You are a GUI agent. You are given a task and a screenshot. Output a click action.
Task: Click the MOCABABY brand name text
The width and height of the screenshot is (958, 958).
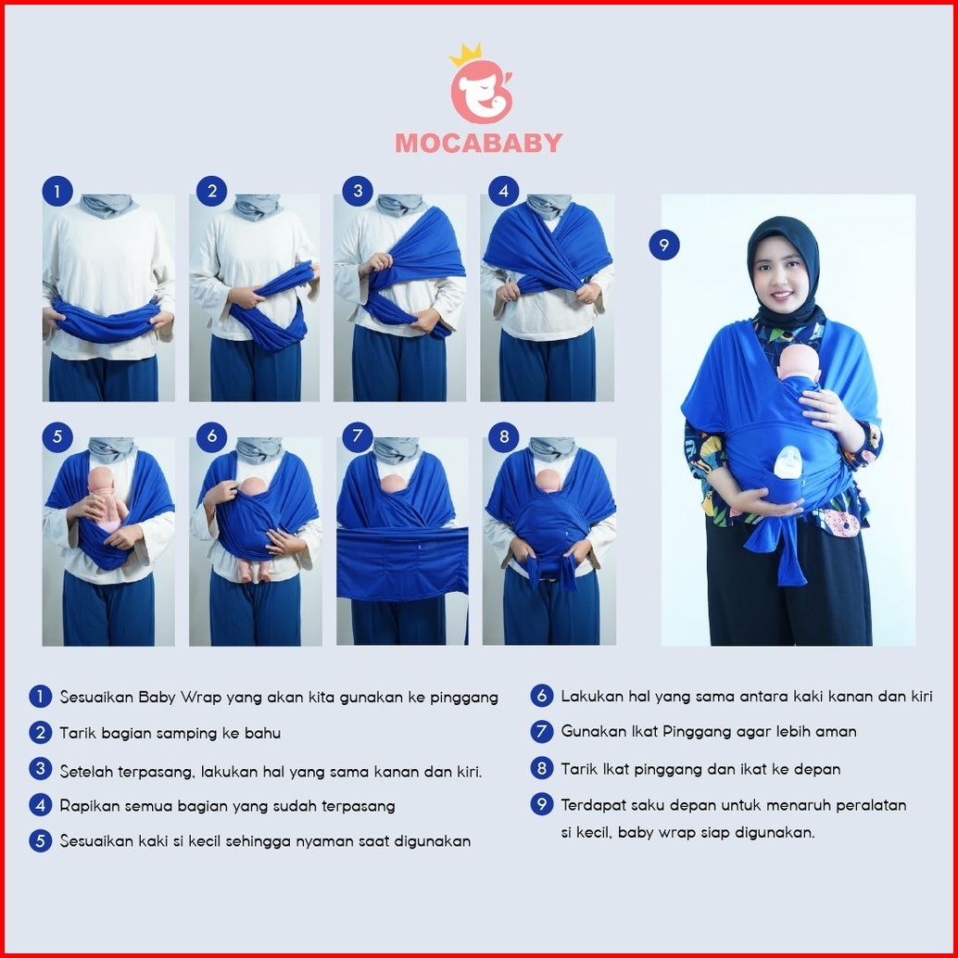[478, 143]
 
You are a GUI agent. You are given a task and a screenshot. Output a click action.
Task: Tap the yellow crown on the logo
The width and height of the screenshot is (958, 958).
[465, 54]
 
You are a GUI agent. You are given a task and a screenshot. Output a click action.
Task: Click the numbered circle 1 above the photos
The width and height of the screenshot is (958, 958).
[57, 191]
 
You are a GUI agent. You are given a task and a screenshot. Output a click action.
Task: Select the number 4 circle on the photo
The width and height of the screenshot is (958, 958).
[503, 191]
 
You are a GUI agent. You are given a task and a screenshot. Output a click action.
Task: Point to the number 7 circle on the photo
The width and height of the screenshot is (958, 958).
[358, 436]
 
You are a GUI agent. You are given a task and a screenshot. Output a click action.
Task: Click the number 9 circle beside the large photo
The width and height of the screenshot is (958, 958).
[664, 245]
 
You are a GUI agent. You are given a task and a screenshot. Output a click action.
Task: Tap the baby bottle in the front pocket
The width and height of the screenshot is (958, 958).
[788, 462]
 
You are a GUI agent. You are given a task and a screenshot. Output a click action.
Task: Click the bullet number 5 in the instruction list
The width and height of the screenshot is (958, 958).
[41, 840]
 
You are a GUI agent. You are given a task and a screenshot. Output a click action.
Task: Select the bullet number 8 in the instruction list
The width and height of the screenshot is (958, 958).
[541, 768]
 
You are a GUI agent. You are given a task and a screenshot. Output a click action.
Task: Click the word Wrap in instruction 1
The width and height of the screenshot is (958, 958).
[201, 698]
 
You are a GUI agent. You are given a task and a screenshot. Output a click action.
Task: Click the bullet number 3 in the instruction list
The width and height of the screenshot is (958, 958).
[41, 769]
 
